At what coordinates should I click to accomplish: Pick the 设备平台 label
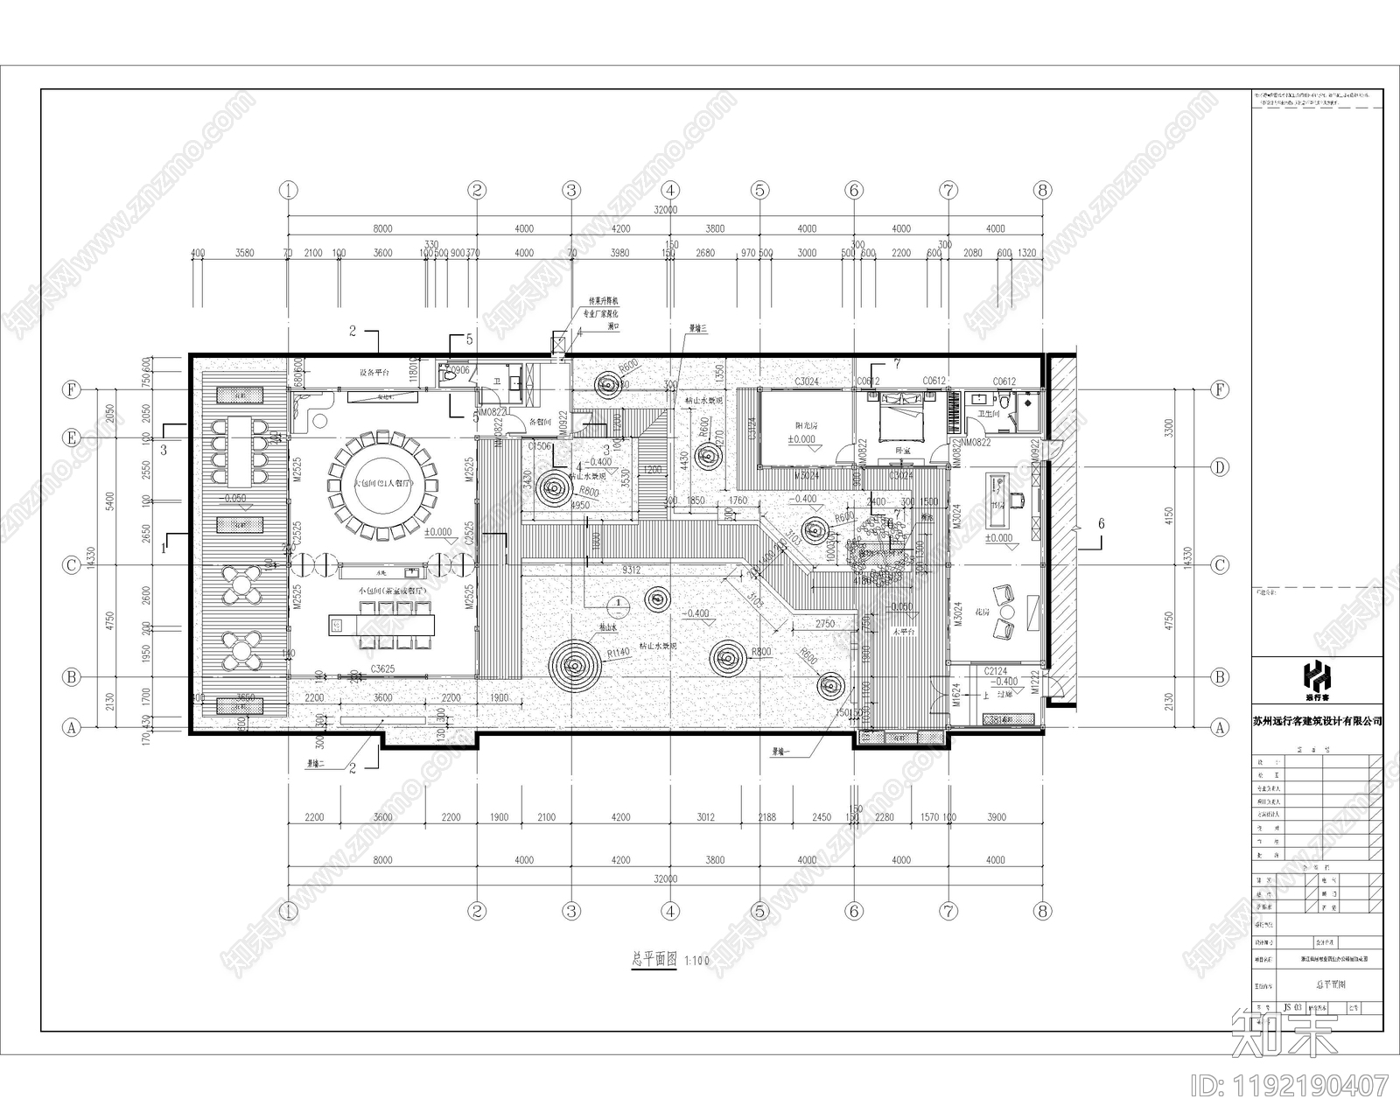tap(374, 372)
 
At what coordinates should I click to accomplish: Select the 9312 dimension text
tap(631, 570)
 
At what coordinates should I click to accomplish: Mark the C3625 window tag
tap(382, 669)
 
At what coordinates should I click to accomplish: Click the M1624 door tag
tap(957, 696)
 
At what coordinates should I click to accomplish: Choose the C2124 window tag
tap(995, 671)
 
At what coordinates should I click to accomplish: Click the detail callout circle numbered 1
tap(618, 603)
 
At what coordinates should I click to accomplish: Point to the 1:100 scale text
tap(697, 961)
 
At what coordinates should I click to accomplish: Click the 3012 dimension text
tap(705, 817)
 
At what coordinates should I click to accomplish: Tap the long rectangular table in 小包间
tap(381, 626)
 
